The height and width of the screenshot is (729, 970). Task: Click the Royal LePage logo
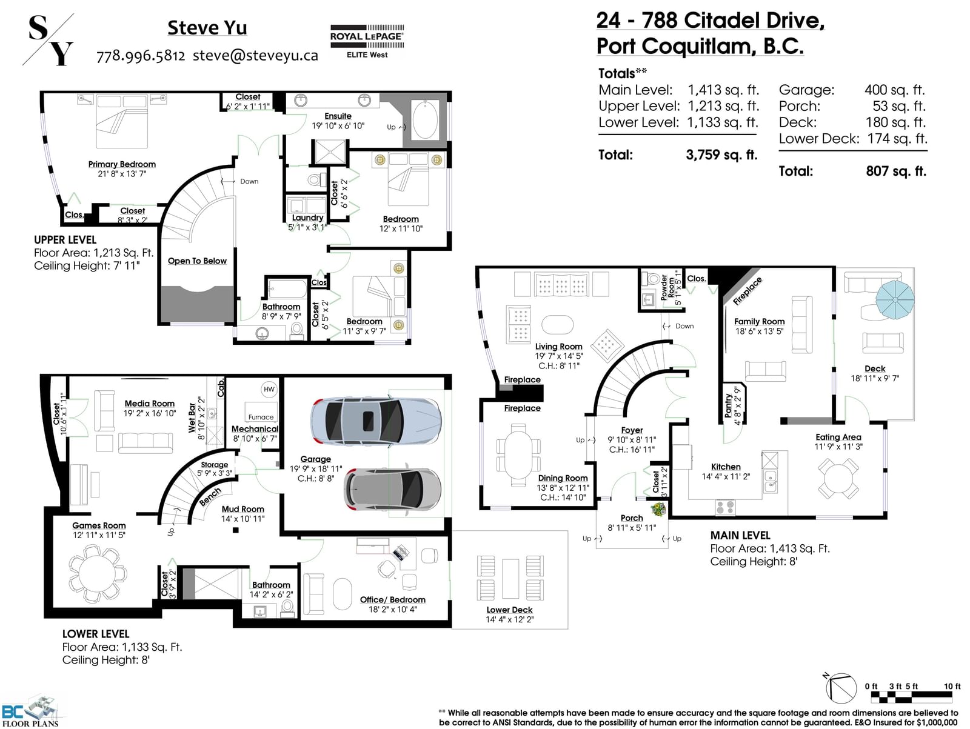367,42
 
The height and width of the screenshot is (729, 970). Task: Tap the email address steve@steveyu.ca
255,56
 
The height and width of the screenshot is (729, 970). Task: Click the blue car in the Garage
376,421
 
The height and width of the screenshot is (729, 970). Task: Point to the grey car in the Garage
392,490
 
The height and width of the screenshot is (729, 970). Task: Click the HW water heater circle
269,390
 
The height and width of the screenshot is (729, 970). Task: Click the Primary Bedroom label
122,164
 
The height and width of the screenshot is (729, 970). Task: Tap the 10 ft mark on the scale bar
952,686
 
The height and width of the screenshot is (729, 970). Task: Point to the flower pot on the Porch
658,510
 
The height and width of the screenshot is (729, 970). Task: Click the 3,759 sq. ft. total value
721,155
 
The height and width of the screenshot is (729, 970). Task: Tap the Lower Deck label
509,610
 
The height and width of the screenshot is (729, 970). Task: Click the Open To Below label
197,261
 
